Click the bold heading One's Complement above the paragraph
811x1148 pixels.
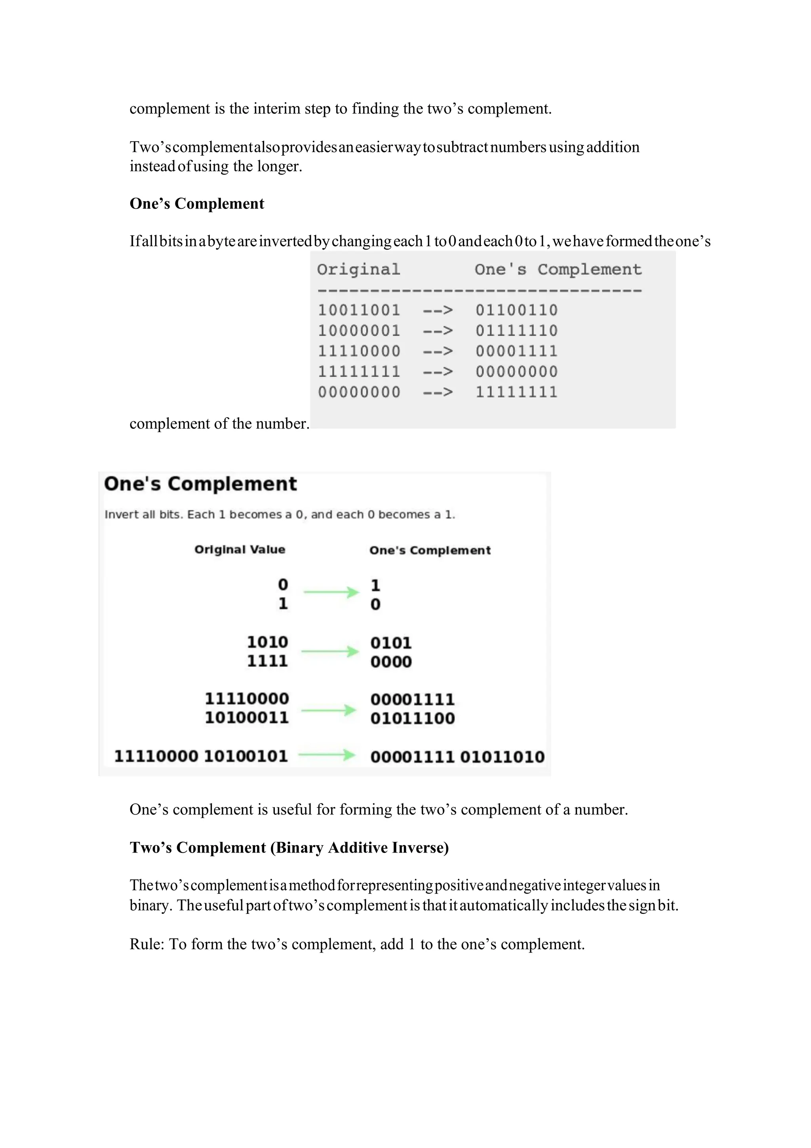click(196, 204)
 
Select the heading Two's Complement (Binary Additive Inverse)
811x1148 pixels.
click(289, 847)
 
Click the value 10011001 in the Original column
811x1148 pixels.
click(359, 310)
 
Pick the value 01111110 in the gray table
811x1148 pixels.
click(516, 330)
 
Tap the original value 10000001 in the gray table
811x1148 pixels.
click(359, 330)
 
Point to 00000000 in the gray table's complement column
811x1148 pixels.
click(516, 372)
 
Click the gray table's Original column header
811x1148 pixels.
click(358, 269)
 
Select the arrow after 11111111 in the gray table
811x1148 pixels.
click(438, 372)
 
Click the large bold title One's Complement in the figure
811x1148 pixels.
click(200, 484)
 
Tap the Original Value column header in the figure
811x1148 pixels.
click(240, 549)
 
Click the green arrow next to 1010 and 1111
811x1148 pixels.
click(330, 652)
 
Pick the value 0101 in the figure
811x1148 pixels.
click(390, 643)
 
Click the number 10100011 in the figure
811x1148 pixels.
click(246, 717)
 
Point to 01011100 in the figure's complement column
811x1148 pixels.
click(412, 719)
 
